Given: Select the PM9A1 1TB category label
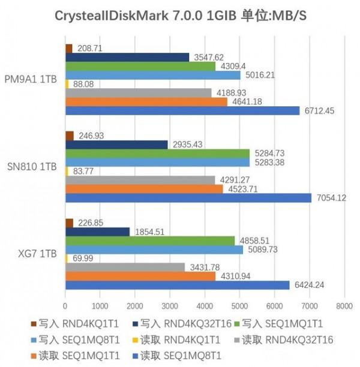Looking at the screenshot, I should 31,79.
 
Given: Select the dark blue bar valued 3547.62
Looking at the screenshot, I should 127,58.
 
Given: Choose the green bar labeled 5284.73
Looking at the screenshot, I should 157,153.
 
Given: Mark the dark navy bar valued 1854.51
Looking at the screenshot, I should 97,231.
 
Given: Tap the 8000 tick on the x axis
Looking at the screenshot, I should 344,304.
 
